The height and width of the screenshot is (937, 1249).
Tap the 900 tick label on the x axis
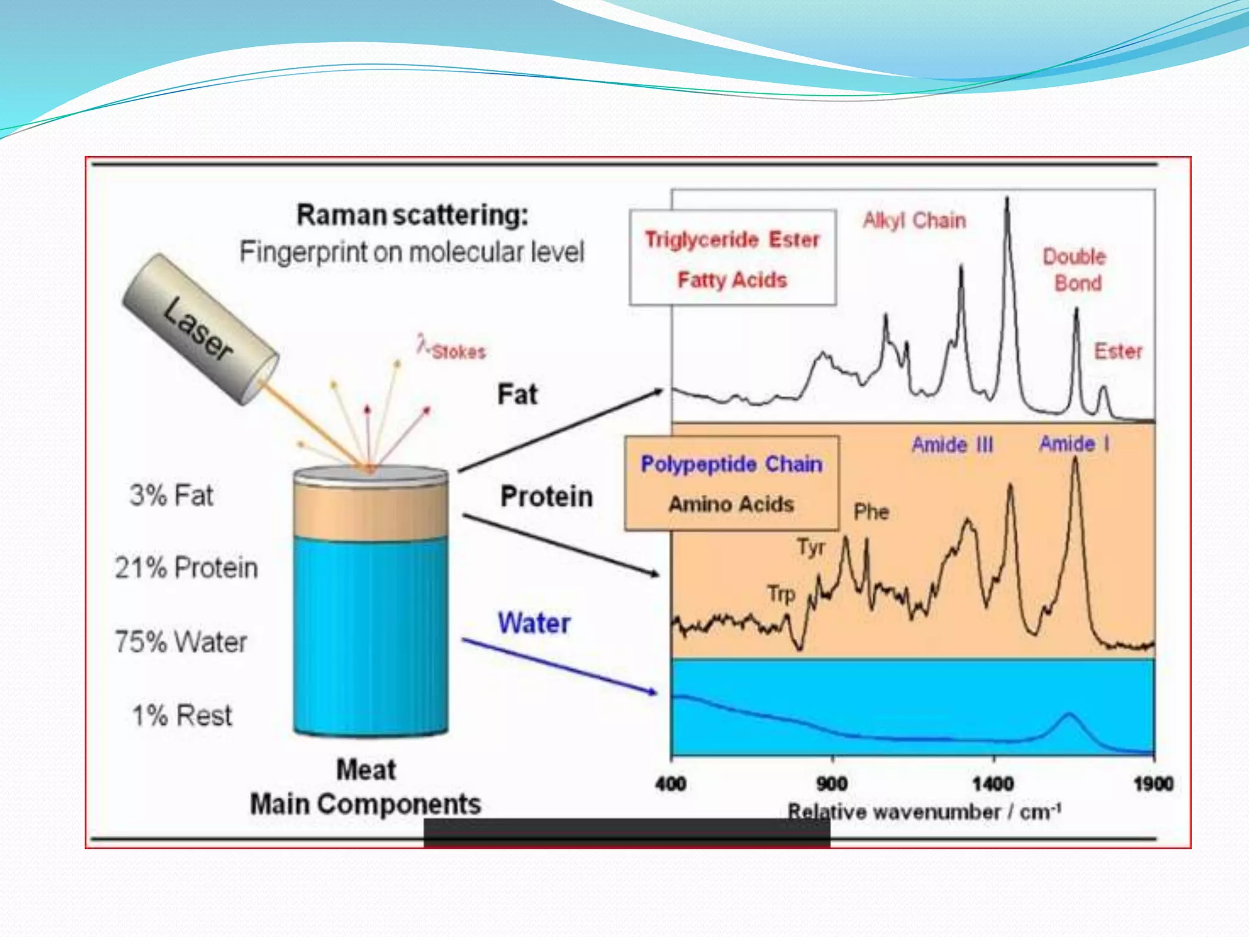[x=832, y=784]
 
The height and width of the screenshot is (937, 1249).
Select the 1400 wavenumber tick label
[x=993, y=784]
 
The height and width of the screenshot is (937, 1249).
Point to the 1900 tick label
[x=1153, y=784]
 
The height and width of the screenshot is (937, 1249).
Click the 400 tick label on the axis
[x=671, y=784]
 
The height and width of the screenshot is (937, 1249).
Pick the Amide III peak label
[x=952, y=445]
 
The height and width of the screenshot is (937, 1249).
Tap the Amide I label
[x=1074, y=443]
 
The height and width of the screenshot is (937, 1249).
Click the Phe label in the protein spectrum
[x=871, y=512]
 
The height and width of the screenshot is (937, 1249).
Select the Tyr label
[x=811, y=547]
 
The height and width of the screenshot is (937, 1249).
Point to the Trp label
[x=781, y=594]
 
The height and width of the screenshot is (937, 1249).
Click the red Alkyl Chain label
[x=914, y=220]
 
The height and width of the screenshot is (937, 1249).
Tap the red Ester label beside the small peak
[x=1118, y=351]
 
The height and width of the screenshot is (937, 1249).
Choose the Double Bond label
[x=1075, y=270]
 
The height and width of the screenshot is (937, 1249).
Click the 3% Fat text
[x=171, y=495]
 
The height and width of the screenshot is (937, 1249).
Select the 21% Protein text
[x=186, y=568]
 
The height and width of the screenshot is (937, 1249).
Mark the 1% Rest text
[x=182, y=716]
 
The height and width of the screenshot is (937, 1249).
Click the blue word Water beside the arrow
[x=534, y=623]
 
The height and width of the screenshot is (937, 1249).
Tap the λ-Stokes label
[x=452, y=349]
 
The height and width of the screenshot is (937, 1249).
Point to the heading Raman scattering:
[x=412, y=215]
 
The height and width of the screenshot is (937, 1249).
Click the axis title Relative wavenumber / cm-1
[x=925, y=812]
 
